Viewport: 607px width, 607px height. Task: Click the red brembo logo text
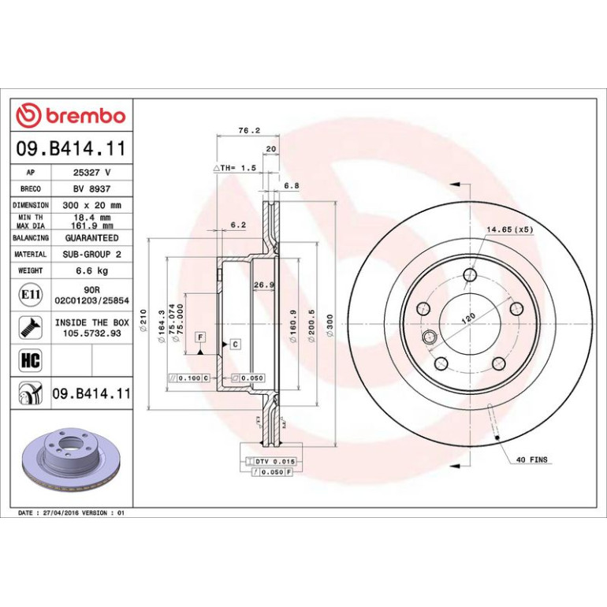[x=86, y=116]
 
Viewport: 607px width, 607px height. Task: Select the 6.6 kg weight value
[x=91, y=270]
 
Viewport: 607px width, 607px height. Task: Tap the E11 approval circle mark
[x=31, y=295]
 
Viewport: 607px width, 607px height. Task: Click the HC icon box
[x=31, y=360]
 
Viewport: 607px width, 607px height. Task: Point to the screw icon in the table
[x=31, y=327]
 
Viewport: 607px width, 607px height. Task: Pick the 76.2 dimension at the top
[x=249, y=130]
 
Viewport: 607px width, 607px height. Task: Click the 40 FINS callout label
[x=532, y=460]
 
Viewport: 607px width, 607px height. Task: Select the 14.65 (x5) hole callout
[x=510, y=229]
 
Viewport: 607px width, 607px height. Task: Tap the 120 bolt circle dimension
[x=468, y=318]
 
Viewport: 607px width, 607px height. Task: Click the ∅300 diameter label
[x=330, y=325]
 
